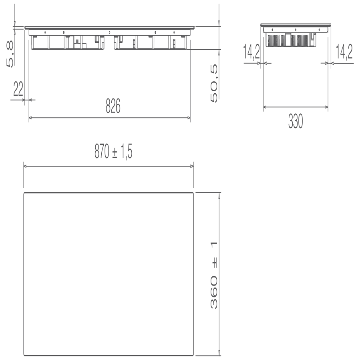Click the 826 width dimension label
point(113,107)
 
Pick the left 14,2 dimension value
point(251,53)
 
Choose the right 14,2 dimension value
point(344,53)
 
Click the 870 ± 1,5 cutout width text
point(113,152)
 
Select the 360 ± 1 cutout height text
point(214,275)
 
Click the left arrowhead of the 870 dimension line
point(26,166)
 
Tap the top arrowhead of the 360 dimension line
point(219,195)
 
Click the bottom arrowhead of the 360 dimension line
point(219,353)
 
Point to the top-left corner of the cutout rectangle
point(24,193)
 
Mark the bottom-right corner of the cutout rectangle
point(193,355)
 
